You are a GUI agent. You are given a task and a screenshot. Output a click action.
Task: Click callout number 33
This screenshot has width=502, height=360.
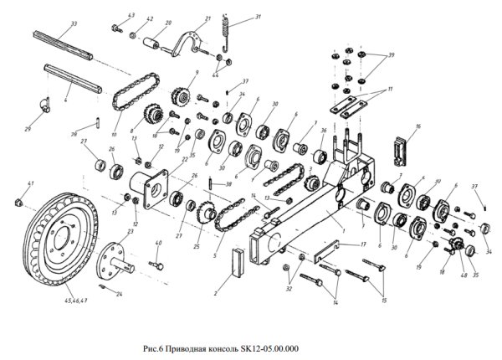(74, 24)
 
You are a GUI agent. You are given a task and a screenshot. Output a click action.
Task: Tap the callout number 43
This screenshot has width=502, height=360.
(131, 16)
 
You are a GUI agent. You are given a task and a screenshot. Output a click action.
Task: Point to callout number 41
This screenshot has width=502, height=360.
(30, 183)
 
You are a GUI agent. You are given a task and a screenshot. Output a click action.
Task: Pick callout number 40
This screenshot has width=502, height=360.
(159, 244)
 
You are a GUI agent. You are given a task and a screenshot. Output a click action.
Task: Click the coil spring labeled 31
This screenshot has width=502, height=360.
(223, 38)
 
